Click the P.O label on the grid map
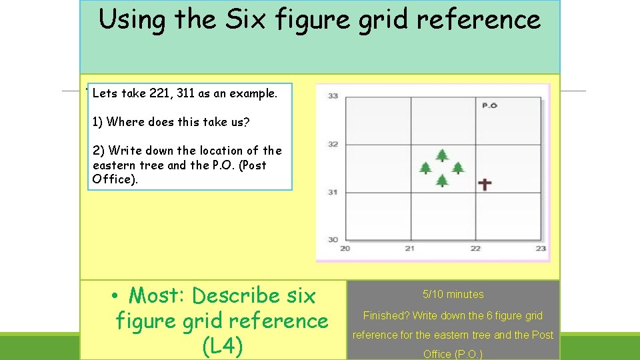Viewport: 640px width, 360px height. pyautogui.click(x=489, y=105)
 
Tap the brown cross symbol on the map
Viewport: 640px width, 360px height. pyautogui.click(x=485, y=184)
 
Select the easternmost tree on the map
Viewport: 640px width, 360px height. pyautogui.click(x=458, y=167)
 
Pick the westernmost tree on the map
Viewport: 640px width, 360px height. pyautogui.click(x=425, y=167)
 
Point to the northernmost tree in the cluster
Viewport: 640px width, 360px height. pyautogui.click(x=442, y=155)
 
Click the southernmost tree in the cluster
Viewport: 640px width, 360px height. pyautogui.click(x=442, y=180)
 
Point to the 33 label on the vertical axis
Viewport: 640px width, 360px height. pyautogui.click(x=333, y=96)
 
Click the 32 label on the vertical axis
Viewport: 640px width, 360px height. pyautogui.click(x=333, y=144)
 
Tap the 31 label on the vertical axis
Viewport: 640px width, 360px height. pyautogui.click(x=333, y=192)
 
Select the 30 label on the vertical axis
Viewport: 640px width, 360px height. pyautogui.click(x=333, y=239)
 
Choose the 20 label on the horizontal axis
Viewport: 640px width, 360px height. pyautogui.click(x=345, y=249)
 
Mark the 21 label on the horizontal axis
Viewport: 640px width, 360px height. pyautogui.click(x=410, y=249)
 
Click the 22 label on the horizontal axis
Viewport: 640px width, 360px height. pyautogui.click(x=475, y=249)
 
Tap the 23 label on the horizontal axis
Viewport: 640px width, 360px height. pyautogui.click(x=541, y=249)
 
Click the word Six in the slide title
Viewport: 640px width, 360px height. pyautogui.click(x=245, y=20)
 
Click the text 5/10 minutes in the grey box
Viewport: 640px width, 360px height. pyautogui.click(x=453, y=294)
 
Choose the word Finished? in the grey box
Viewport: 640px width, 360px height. pyautogui.click(x=387, y=315)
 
